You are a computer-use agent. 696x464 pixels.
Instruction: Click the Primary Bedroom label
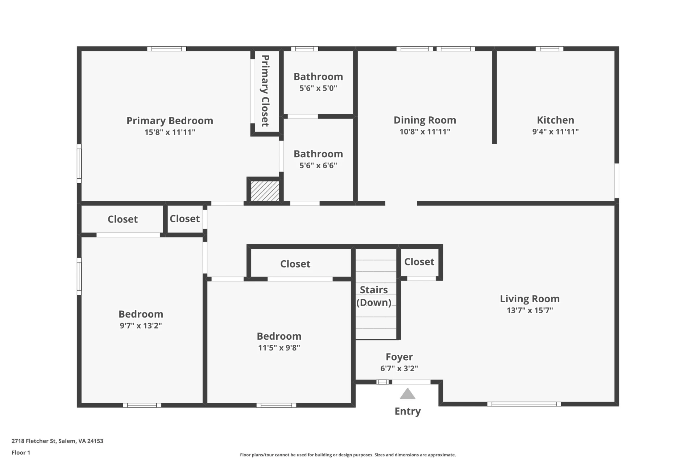click(x=170, y=121)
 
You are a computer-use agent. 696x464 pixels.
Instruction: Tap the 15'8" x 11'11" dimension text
click(x=170, y=132)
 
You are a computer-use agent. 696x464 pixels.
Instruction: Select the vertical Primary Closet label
click(x=265, y=91)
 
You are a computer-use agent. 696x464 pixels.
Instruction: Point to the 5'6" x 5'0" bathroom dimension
click(x=318, y=88)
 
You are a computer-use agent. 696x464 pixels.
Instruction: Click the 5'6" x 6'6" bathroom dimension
click(x=318, y=166)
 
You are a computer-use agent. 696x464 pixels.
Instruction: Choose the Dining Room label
click(x=425, y=120)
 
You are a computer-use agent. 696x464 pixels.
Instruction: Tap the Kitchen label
click(x=555, y=120)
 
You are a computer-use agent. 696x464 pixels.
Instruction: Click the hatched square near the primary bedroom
click(x=265, y=191)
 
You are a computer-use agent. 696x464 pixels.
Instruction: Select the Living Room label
click(x=530, y=299)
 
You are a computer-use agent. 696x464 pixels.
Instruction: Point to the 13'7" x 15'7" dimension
click(x=530, y=310)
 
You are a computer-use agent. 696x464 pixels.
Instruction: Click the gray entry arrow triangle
click(x=407, y=394)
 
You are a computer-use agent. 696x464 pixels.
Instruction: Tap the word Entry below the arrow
click(x=407, y=411)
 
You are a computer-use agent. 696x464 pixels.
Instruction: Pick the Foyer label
click(x=399, y=357)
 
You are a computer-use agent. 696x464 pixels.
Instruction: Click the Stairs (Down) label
click(x=374, y=296)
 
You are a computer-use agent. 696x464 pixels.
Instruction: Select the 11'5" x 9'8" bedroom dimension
click(x=279, y=348)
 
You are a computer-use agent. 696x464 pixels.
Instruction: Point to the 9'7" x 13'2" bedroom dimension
click(x=141, y=326)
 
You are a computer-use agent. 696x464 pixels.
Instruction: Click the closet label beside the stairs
click(x=419, y=262)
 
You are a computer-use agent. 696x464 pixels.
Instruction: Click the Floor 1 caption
click(x=21, y=452)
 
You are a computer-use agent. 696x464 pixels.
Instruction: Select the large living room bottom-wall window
click(x=524, y=404)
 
